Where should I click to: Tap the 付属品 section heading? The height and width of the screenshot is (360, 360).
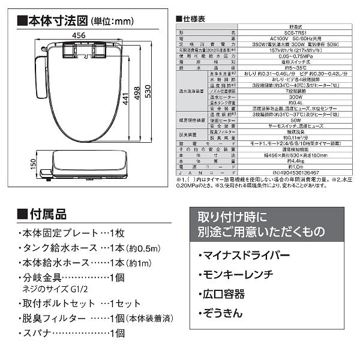(47, 214)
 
